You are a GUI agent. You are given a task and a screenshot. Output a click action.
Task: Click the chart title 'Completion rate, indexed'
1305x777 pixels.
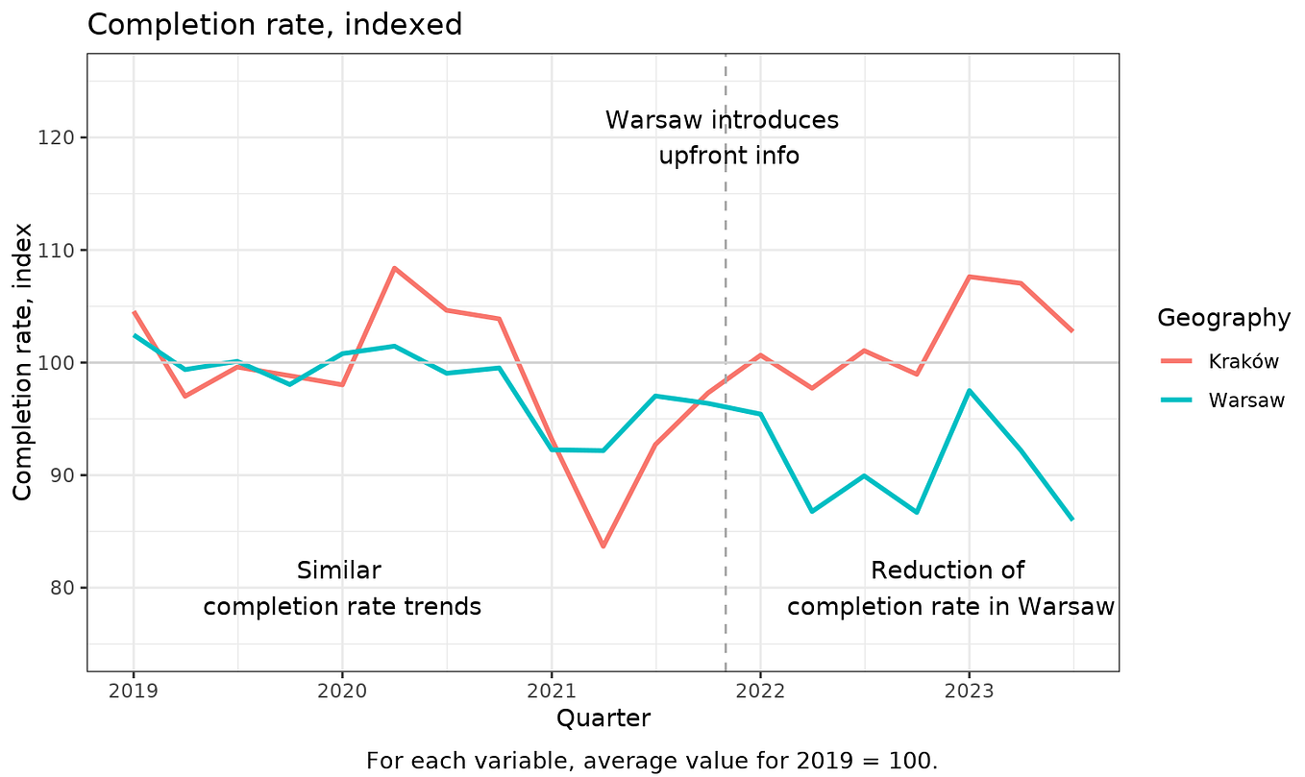[x=275, y=24]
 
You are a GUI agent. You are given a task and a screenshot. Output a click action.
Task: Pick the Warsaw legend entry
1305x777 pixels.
[x=1245, y=401]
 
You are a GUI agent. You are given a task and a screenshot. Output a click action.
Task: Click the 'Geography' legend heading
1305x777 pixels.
[x=1222, y=318]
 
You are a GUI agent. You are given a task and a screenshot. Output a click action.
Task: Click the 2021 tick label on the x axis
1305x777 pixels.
[x=552, y=691]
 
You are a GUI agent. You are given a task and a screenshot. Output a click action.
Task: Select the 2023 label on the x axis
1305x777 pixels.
[x=969, y=691]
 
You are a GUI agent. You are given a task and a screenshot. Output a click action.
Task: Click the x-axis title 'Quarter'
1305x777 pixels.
[x=603, y=718]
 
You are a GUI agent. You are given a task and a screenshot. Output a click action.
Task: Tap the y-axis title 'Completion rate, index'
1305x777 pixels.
[x=24, y=362]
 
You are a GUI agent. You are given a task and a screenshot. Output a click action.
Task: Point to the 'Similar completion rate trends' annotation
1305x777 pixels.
[x=341, y=589]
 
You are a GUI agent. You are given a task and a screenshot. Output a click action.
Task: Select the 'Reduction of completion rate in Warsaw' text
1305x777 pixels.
[x=949, y=589]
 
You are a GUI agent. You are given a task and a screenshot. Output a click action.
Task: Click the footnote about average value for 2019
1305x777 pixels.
[x=652, y=761]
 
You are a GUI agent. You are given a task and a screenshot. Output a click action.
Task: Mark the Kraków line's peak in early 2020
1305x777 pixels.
[x=394, y=268]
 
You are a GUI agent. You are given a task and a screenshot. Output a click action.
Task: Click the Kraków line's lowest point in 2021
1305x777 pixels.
[x=603, y=546]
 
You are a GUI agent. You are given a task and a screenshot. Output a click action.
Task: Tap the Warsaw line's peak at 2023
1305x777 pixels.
[x=969, y=390]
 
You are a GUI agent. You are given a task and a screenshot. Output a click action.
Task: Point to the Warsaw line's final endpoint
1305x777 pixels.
[x=1072, y=520]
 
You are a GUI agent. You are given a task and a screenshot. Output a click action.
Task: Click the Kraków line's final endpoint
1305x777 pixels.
[x=1072, y=331]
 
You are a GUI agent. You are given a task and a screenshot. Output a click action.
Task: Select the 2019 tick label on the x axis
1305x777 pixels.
[x=134, y=691]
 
